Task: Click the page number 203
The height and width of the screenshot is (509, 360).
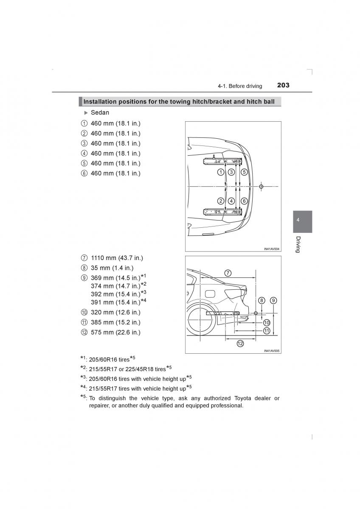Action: pos(283,85)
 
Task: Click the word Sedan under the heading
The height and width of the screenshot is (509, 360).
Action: pos(100,112)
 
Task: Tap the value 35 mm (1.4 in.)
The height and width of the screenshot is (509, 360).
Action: pos(112,268)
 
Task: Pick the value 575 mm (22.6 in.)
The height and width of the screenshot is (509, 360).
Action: pos(115,332)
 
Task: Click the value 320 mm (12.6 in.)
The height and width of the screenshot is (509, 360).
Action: pos(115,312)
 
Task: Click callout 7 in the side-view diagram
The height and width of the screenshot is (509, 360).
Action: pos(228,273)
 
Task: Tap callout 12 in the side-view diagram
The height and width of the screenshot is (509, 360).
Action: pos(240,344)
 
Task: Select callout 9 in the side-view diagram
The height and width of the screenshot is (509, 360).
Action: pos(273,300)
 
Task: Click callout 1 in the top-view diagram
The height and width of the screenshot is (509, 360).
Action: pos(221,172)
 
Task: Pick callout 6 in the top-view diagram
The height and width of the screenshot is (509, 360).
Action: pos(244,201)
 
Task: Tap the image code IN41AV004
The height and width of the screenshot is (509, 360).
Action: pos(271,249)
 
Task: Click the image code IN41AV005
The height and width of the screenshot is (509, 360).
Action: pos(271,351)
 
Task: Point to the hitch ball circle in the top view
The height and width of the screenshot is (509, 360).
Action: pos(261,186)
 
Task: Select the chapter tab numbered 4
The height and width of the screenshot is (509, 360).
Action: pos(298,221)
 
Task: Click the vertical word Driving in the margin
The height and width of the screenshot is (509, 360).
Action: pos(298,244)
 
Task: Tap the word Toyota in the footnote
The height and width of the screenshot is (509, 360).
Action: pos(243,398)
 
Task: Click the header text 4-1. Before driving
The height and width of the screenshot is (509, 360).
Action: pos(240,86)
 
